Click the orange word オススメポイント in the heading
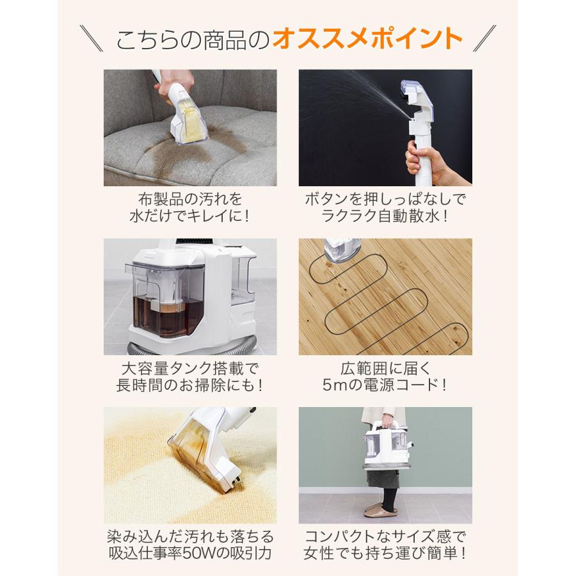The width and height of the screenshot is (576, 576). (x=367, y=40)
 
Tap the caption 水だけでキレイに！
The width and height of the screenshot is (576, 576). (x=190, y=215)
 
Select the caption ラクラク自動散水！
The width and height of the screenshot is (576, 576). (x=385, y=215)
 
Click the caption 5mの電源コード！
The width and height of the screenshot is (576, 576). (x=385, y=385)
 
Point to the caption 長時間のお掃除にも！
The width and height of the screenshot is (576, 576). (x=190, y=385)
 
